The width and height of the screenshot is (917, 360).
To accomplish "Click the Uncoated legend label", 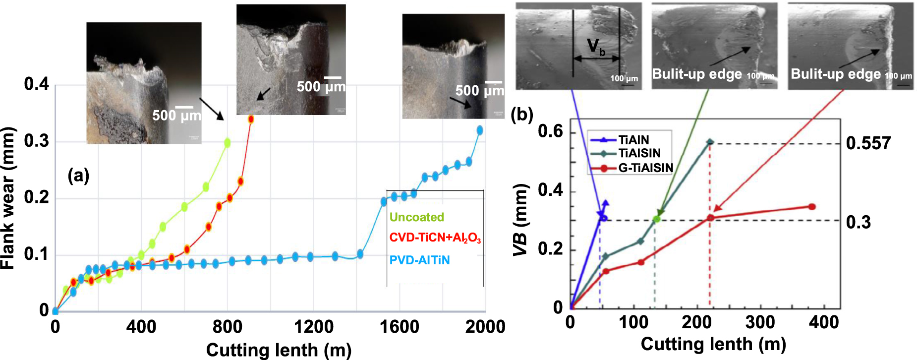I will point(416,217).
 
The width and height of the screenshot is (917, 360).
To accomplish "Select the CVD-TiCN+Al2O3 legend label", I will point(435,238).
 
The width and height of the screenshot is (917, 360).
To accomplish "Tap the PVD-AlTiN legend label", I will point(419,260).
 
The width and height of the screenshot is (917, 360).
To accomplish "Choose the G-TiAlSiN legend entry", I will point(645,168).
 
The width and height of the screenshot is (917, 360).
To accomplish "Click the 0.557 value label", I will point(868,144).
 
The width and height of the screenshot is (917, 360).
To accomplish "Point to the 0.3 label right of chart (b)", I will point(858,222).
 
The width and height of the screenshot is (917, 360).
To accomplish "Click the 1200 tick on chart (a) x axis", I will point(313,327).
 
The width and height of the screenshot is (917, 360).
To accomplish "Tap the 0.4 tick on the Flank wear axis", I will point(37,84).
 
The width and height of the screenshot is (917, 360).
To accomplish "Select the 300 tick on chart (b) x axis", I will point(760,323).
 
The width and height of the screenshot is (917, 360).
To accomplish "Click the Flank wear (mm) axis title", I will point(8,198).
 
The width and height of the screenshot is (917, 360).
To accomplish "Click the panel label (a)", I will point(78,175).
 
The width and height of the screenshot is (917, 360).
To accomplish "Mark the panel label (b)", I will point(521,115).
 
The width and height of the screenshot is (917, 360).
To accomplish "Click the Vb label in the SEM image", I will point(596,47).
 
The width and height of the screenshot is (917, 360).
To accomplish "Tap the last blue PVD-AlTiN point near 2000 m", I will point(479,130).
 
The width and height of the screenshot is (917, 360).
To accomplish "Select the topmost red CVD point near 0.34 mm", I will point(251,119).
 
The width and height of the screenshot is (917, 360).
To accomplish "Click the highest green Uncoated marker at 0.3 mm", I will point(228,143).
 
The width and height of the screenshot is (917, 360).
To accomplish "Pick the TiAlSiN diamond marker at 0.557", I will point(710,142).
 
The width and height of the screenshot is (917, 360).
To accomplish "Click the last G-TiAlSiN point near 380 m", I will point(812,207).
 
